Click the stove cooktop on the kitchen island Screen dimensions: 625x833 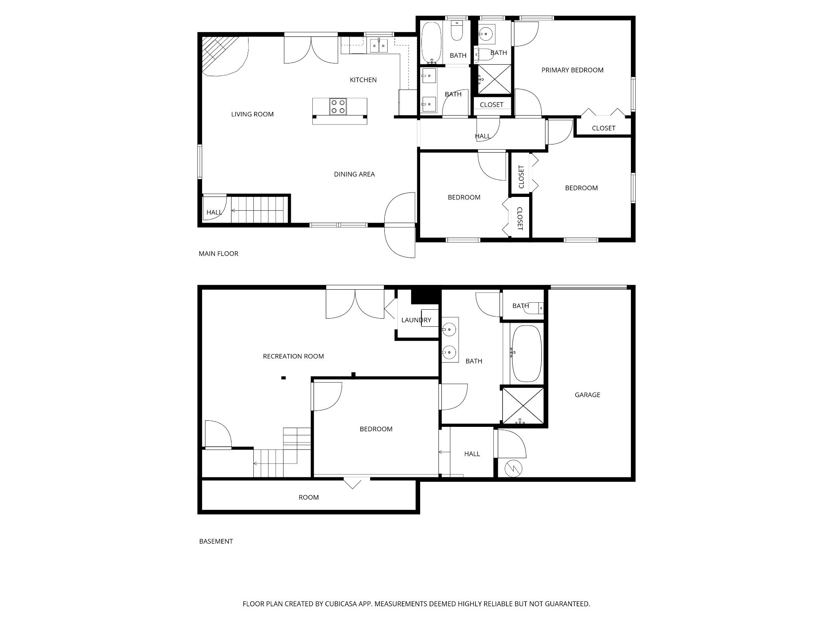338,106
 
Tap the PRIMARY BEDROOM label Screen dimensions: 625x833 572,70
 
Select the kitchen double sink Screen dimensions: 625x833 378,46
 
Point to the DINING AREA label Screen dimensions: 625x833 354,174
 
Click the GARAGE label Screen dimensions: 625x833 587,395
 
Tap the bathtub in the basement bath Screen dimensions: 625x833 526,353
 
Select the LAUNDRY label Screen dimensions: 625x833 416,320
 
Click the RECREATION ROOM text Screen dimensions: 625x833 293,356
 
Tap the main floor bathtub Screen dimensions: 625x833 431,43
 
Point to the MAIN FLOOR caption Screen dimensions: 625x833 218,253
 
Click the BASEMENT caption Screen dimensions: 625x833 216,541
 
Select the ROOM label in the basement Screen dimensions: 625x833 308,497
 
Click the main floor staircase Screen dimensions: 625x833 257,209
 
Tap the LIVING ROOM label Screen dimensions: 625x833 252,114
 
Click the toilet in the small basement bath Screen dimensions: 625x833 533,309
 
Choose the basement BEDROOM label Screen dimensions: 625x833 376,429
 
